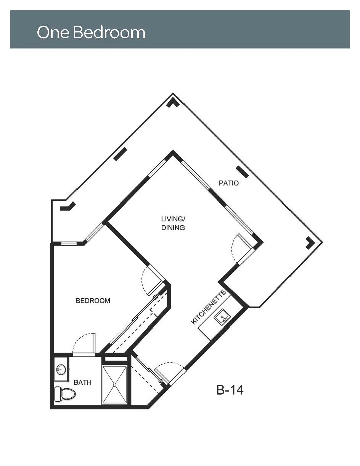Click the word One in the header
click(x=53, y=32)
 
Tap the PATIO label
click(x=229, y=183)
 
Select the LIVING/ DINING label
click(x=173, y=223)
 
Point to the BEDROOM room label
click(x=93, y=300)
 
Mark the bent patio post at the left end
click(x=68, y=206)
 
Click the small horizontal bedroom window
click(x=69, y=243)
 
